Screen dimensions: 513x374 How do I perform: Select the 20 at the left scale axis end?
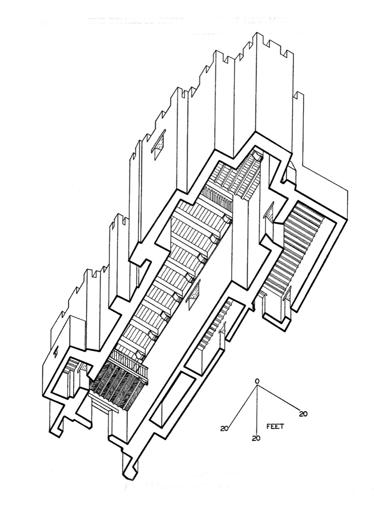[x=224, y=428]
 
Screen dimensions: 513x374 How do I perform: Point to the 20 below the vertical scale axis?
[x=256, y=438]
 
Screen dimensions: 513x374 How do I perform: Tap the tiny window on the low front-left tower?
[x=56, y=351]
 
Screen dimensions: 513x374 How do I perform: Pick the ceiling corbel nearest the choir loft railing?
[x=139, y=354]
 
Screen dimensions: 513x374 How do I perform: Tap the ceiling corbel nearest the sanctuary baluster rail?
[x=227, y=220]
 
